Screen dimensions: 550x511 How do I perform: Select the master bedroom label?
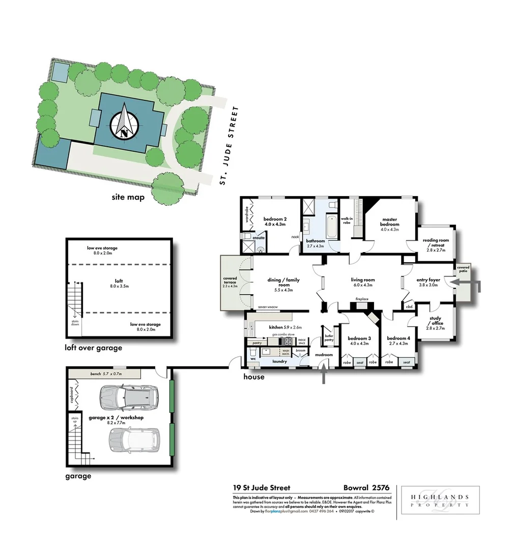coord(389,225)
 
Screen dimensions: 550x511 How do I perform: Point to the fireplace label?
coord(362,299)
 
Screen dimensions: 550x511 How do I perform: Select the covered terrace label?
coord(230,281)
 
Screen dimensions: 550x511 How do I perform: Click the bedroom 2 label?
coord(275,222)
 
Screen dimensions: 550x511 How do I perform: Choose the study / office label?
coord(436,323)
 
